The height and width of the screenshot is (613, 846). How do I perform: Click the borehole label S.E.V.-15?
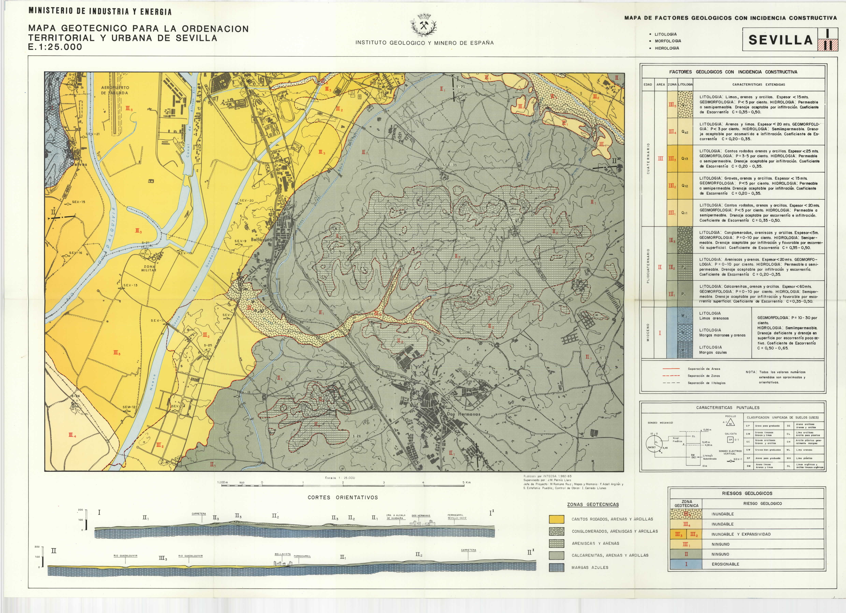pyautogui.click(x=78, y=202)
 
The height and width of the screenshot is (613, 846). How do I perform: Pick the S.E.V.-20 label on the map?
pyautogui.click(x=246, y=200)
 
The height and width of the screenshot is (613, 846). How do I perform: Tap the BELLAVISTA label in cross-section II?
pyautogui.click(x=282, y=554)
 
